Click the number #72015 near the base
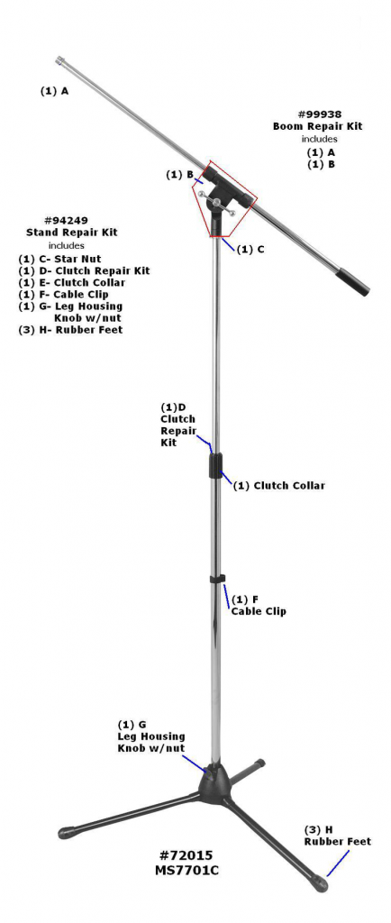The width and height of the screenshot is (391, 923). pyautogui.click(x=186, y=854)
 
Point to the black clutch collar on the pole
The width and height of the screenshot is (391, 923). pyautogui.click(x=216, y=466)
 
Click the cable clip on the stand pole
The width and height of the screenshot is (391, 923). pyautogui.click(x=217, y=579)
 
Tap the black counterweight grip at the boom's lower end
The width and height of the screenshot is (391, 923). pyautogui.click(x=357, y=282)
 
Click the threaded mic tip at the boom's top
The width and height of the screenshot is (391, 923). pyautogui.click(x=60, y=60)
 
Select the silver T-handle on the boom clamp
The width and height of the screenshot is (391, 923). pyautogui.click(x=217, y=203)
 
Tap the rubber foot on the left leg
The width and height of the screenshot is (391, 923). pyautogui.click(x=66, y=833)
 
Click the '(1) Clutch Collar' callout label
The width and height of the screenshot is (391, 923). pyautogui.click(x=278, y=486)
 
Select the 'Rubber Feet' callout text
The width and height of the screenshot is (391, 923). pyautogui.click(x=338, y=842)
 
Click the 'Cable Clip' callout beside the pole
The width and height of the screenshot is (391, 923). pyautogui.click(x=259, y=611)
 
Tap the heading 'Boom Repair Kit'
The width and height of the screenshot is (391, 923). pyautogui.click(x=317, y=126)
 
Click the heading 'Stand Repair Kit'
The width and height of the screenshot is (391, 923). pyautogui.click(x=71, y=232)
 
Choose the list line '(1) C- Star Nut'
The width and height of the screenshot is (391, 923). pyautogui.click(x=59, y=259)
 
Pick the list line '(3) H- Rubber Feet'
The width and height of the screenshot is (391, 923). pyautogui.click(x=70, y=330)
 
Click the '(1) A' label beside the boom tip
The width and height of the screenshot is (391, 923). pyautogui.click(x=54, y=91)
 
